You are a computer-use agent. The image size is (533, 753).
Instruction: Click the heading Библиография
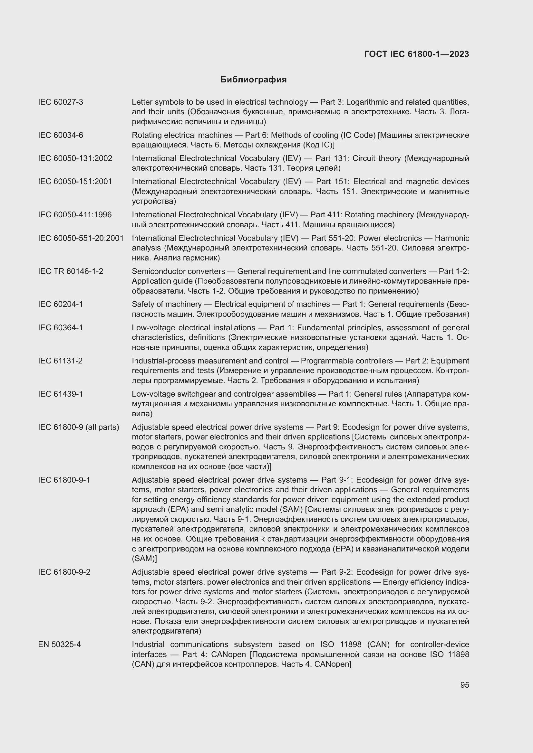(x=253, y=80)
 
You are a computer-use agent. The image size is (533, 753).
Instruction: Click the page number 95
(x=464, y=685)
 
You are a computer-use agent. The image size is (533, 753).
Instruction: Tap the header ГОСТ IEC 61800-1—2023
(x=416, y=54)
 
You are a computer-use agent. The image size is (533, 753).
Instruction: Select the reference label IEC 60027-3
(x=60, y=102)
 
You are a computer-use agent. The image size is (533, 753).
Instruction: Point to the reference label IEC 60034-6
(x=60, y=135)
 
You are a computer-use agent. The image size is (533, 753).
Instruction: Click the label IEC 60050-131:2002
(x=75, y=158)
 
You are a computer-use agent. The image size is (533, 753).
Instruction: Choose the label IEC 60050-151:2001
(x=75, y=181)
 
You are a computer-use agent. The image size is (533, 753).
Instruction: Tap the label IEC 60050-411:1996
(x=74, y=215)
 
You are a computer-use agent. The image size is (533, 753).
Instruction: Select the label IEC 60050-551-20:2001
(x=81, y=238)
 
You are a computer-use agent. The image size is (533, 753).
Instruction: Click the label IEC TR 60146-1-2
(x=70, y=271)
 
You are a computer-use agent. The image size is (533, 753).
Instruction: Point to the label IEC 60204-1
(x=60, y=304)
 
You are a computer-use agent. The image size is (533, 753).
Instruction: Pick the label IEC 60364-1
(x=60, y=328)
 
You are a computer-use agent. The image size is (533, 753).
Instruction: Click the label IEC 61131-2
(x=60, y=361)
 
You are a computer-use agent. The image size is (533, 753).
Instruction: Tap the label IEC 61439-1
(x=60, y=394)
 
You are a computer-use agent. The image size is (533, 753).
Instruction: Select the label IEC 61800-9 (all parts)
(x=78, y=427)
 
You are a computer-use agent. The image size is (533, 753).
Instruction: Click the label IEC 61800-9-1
(x=64, y=480)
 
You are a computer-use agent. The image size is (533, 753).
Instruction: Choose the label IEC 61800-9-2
(x=64, y=572)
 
